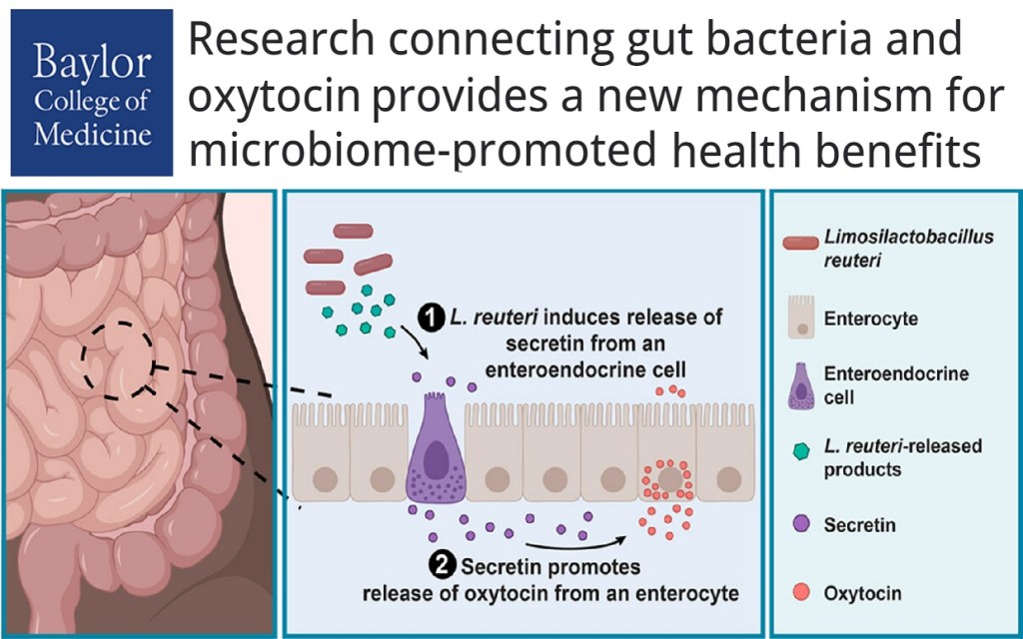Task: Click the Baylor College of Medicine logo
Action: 91,92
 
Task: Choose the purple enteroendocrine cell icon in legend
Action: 798,384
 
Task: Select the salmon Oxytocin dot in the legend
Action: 798,593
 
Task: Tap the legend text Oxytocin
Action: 862,593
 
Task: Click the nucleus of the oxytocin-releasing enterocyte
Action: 669,480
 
